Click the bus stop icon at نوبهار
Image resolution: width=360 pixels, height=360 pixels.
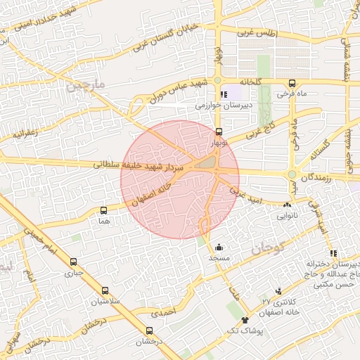219,131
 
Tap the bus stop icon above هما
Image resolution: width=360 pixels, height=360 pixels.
105,210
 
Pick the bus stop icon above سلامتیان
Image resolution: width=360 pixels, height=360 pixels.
105,290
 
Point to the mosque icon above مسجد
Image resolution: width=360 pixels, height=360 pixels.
219,247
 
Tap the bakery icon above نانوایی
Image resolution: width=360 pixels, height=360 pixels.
286,205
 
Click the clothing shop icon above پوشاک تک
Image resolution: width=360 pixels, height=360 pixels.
245,321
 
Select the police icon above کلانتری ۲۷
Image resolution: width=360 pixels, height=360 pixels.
279,291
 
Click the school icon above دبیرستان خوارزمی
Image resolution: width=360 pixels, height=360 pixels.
224,95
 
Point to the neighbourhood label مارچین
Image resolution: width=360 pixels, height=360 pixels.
87,89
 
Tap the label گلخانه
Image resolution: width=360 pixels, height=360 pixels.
250,82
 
